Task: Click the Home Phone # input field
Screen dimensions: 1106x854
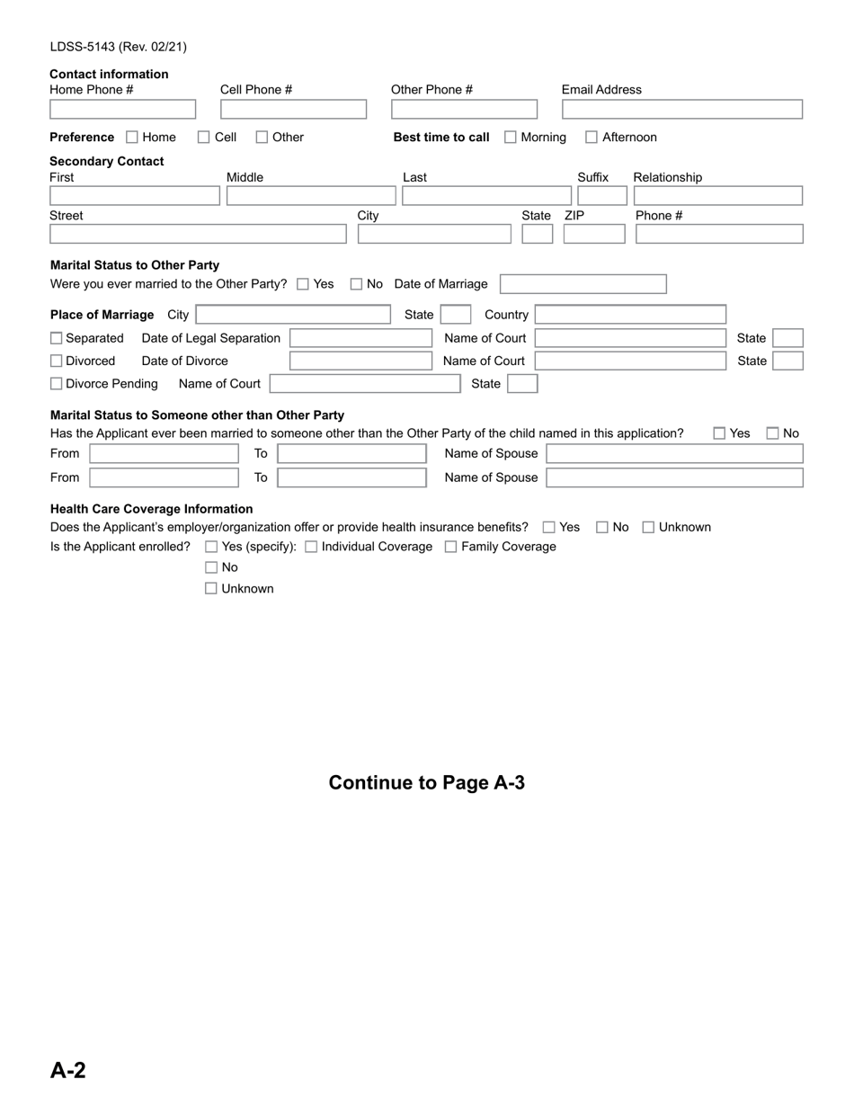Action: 122,110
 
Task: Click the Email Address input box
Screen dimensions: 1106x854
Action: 681,110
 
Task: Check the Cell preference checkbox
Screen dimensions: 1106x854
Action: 204,138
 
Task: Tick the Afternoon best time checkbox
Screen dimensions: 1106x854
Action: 592,138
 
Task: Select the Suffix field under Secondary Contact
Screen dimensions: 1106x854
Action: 601,196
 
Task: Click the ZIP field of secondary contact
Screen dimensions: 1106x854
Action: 593,234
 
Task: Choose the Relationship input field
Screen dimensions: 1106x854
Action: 717,196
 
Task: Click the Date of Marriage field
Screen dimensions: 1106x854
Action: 583,284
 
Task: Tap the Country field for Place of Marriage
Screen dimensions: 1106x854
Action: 630,315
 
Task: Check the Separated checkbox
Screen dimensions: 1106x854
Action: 57,338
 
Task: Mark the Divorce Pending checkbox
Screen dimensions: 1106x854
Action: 57,384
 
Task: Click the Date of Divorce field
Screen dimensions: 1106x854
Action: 360,361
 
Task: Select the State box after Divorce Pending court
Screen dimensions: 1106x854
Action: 522,384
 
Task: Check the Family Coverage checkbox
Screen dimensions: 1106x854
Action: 451,547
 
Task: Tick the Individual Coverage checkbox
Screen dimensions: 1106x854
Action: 311,547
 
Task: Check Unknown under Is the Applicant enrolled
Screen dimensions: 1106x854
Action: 211,589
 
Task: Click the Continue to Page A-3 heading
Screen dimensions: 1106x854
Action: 426,782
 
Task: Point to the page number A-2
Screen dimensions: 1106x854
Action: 68,1070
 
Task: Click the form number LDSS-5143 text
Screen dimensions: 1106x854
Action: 118,47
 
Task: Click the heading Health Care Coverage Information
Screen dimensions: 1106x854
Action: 151,509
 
